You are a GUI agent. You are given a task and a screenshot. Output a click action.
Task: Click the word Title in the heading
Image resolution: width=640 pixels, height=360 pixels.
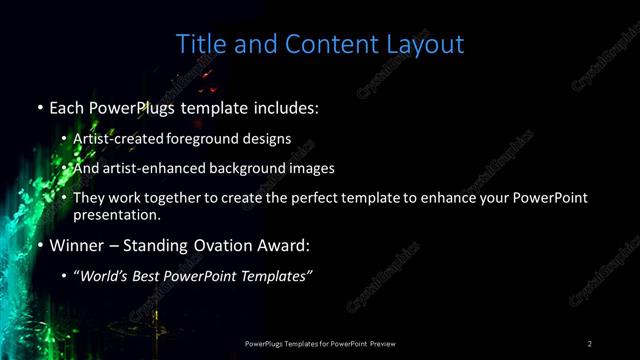[199, 45]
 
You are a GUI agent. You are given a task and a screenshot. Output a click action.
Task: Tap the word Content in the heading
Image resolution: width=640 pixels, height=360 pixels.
[327, 45]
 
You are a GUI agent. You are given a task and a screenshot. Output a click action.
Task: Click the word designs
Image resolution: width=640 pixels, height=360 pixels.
[269, 140]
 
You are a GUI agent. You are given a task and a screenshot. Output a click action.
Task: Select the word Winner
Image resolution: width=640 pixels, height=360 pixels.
[76, 244]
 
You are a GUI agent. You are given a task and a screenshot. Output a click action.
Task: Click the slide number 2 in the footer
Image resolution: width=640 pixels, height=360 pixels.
[590, 344]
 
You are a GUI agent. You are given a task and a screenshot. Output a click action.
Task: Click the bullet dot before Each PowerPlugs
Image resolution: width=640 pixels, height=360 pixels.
[39, 107]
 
